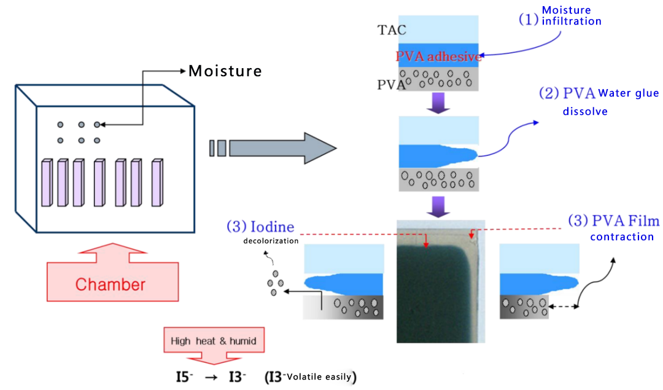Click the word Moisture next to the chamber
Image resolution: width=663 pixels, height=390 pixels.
[x=225, y=71]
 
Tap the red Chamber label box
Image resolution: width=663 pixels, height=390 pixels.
[x=110, y=284]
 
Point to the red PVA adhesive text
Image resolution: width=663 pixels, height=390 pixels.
[x=438, y=57]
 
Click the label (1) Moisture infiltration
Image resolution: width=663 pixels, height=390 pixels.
[x=560, y=16]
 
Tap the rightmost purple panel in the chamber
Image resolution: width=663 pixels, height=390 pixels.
[x=159, y=183]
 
